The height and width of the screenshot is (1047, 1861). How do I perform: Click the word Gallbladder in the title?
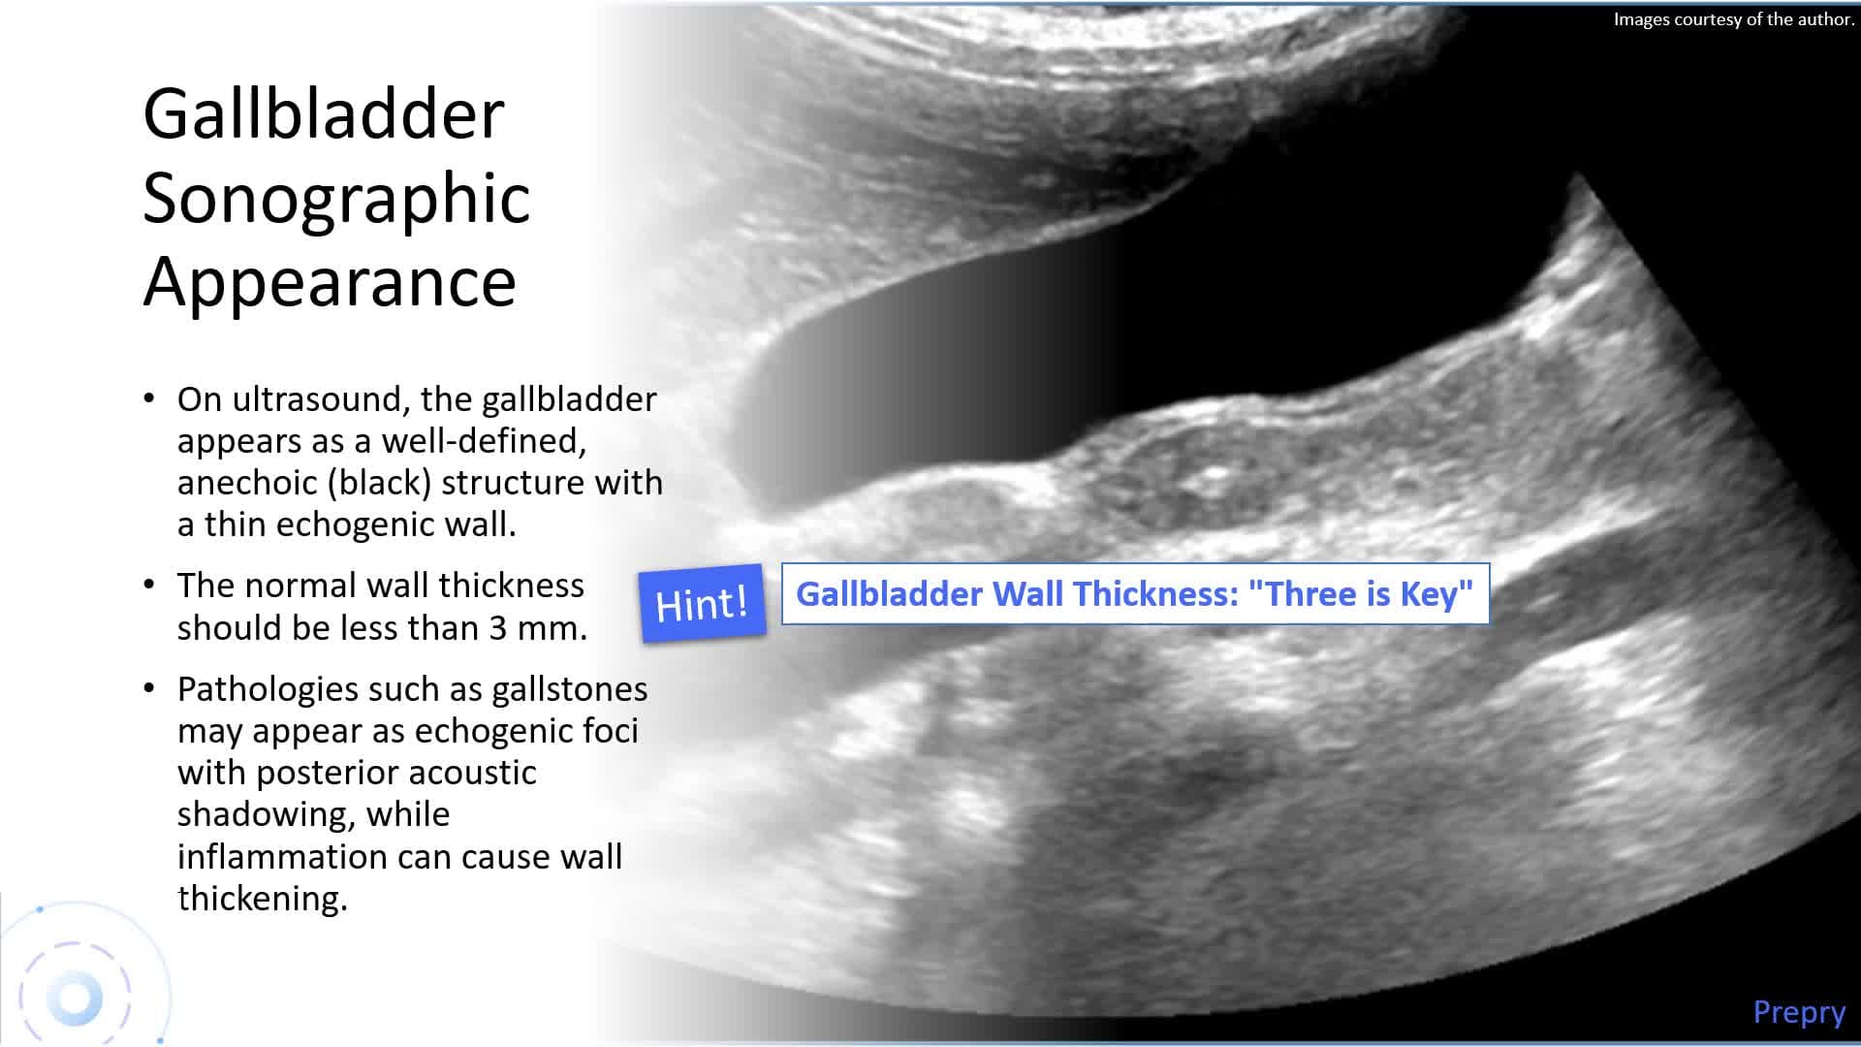[324, 114]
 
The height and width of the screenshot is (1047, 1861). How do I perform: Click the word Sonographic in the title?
[336, 199]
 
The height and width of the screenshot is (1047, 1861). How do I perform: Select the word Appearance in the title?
[330, 282]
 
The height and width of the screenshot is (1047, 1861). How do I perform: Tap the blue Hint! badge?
[702, 603]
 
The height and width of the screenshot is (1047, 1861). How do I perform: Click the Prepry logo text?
[1799, 1011]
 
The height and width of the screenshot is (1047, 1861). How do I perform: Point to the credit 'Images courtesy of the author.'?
[1733, 19]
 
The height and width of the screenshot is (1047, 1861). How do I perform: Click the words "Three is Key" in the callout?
[1360, 593]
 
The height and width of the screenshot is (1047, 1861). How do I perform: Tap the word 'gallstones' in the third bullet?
[569, 688]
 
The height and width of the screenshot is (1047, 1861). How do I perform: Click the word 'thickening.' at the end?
[262, 898]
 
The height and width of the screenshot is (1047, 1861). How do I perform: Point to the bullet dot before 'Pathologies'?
[148, 688]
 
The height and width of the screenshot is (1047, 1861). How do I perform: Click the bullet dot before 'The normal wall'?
[148, 585]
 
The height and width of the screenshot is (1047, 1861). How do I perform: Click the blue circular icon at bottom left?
[75, 999]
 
